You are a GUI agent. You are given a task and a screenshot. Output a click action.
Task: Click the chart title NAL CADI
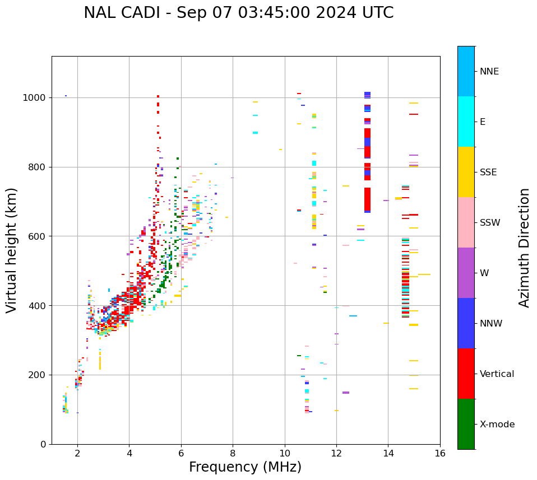pyautogui.click(x=238, y=13)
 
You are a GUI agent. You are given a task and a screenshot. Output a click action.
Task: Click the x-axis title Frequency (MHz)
pyautogui.click(x=245, y=467)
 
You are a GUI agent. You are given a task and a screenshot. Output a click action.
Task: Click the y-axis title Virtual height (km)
pyautogui.click(x=12, y=250)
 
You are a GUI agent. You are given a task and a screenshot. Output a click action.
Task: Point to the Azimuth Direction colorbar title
pyautogui.click(x=524, y=247)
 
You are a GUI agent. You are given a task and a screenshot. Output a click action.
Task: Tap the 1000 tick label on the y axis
pyautogui.click(x=35, y=98)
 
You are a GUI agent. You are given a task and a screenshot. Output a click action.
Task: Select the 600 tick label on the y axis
pyautogui.click(x=37, y=236)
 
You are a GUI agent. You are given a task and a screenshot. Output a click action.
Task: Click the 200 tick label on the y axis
pyautogui.click(x=37, y=375)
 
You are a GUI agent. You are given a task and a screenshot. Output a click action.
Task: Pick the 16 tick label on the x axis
pyautogui.click(x=440, y=453)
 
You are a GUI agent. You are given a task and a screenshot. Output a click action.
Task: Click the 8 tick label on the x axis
pyautogui.click(x=233, y=453)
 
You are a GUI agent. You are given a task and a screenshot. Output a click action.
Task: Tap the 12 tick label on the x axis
pyautogui.click(x=336, y=453)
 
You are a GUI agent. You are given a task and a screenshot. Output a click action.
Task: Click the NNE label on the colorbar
pyautogui.click(x=489, y=72)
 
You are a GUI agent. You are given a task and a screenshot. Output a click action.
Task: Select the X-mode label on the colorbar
pyautogui.click(x=497, y=425)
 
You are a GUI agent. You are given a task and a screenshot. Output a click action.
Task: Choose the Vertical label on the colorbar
pyautogui.click(x=497, y=374)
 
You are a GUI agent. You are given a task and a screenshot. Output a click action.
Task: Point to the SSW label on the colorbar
pyautogui.click(x=490, y=223)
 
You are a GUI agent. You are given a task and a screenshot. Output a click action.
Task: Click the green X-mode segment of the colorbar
pyautogui.click(x=466, y=424)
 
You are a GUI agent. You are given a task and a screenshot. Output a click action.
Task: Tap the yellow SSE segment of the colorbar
pyautogui.click(x=466, y=172)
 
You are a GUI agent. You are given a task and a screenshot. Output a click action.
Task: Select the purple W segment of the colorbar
pyautogui.click(x=466, y=273)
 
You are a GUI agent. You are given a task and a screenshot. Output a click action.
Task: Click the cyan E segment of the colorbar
pyautogui.click(x=466, y=122)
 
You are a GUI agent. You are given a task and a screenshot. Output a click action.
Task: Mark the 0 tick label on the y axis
pyautogui.click(x=43, y=444)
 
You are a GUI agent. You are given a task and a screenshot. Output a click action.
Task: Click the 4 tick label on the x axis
pyautogui.click(x=129, y=453)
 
